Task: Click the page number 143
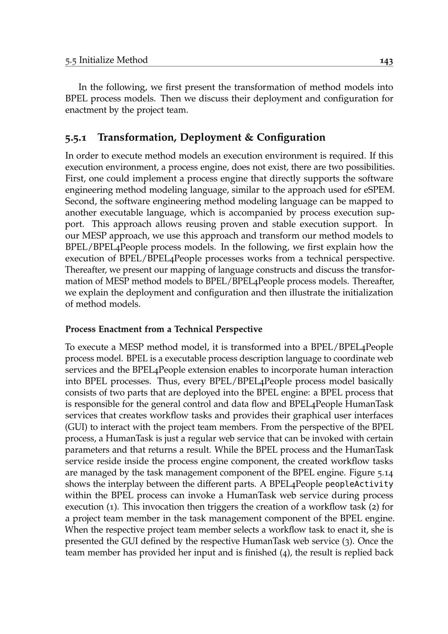[x=386, y=61]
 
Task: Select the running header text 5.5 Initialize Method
[x=106, y=60]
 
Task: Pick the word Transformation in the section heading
[x=136, y=137]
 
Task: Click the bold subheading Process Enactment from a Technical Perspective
[x=164, y=329]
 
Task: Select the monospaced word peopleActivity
[x=359, y=484]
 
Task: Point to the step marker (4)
[x=284, y=552]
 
